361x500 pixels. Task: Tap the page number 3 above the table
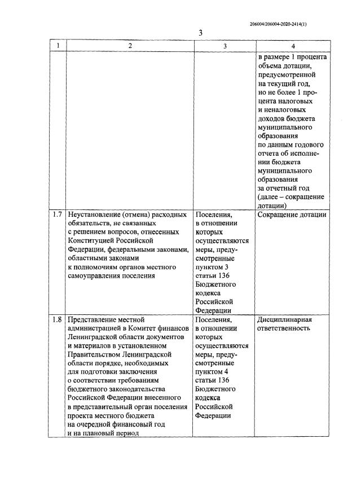[x=200, y=33]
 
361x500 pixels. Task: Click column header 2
[x=129, y=46]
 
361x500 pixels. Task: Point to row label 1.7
[x=57, y=215]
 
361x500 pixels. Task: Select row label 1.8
[x=57, y=319]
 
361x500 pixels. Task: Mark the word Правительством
[x=94, y=354]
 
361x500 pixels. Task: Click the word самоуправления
[x=94, y=275]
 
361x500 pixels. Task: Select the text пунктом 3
[x=214, y=266]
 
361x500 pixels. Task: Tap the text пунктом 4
[x=214, y=371]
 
